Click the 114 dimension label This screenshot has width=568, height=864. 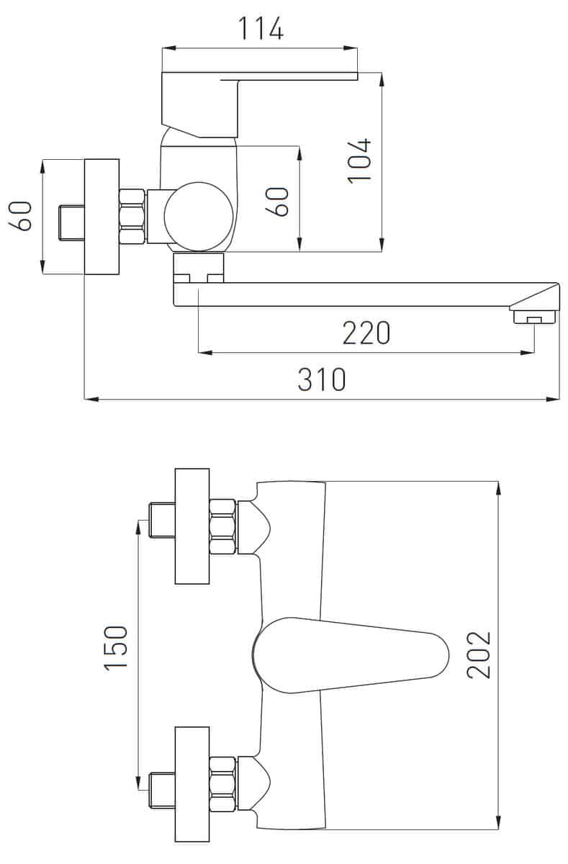(x=261, y=29)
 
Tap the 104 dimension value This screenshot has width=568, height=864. (x=359, y=160)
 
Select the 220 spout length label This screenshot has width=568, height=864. (x=366, y=333)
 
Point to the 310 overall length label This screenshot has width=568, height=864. (x=322, y=379)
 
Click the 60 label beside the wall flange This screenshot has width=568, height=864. (x=19, y=216)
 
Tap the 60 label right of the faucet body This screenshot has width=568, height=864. (x=277, y=202)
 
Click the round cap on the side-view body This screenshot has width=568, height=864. (x=199, y=217)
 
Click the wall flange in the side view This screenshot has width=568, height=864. (x=102, y=217)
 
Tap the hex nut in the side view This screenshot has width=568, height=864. (x=132, y=217)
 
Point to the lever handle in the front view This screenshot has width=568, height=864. (x=351, y=655)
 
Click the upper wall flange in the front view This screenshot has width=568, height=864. (x=192, y=526)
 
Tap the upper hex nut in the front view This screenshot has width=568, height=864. (x=223, y=527)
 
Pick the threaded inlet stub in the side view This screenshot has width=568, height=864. (x=72, y=223)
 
